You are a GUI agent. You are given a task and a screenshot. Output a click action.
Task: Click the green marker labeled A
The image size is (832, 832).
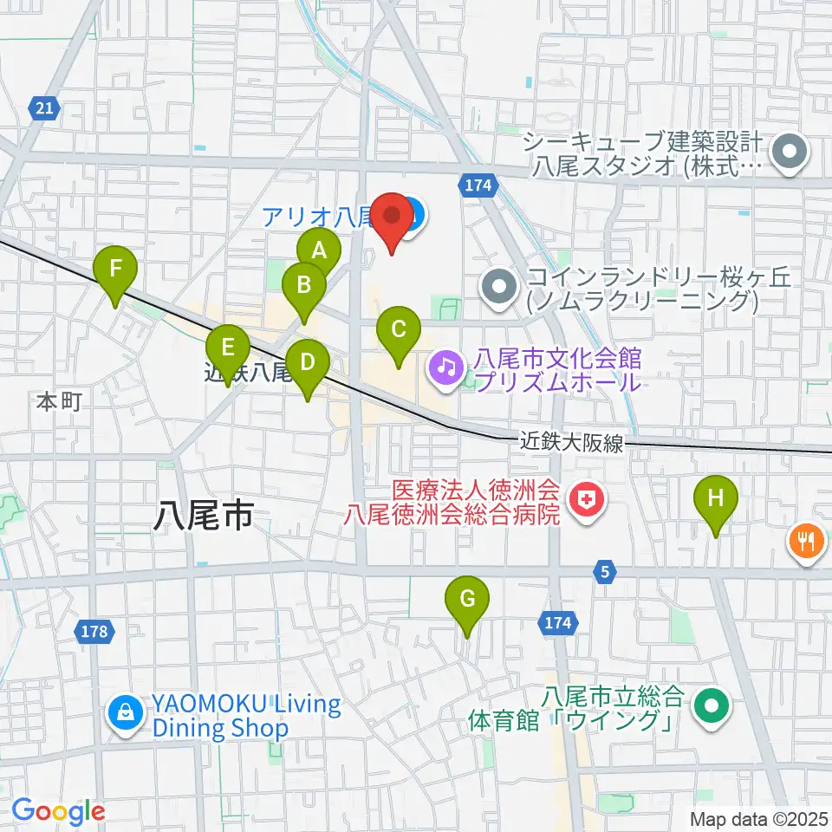point(319,251)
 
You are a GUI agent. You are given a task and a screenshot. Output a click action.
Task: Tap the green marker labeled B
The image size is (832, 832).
point(304,284)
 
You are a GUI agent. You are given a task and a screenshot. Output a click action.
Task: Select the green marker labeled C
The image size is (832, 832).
point(399,329)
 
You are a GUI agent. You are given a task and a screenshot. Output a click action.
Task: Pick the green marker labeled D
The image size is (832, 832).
point(308,362)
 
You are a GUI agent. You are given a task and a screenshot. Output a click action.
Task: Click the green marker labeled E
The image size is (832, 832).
point(228,348)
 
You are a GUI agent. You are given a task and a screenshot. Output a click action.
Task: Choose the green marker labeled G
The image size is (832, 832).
point(467,598)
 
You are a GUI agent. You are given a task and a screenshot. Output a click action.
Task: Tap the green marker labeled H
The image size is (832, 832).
point(715,498)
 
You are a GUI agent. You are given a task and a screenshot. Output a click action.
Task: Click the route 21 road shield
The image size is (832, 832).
point(45,107)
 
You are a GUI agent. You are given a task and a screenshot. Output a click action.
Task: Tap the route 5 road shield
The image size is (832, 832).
point(605,570)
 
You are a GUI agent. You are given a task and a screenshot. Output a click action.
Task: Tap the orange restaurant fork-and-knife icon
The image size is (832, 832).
point(807,542)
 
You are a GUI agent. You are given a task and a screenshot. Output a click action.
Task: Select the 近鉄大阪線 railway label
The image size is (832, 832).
point(573,442)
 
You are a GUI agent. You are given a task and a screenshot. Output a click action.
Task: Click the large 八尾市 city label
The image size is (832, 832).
point(204,517)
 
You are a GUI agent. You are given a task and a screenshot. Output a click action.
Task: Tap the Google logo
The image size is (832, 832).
point(59,811)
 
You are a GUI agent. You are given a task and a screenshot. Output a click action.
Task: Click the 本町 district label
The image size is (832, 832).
point(59,401)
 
